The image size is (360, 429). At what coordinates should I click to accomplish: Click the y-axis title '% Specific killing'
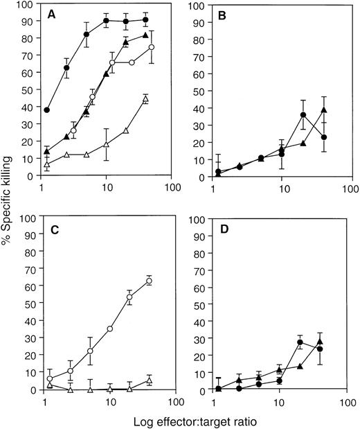pos(9,201)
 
